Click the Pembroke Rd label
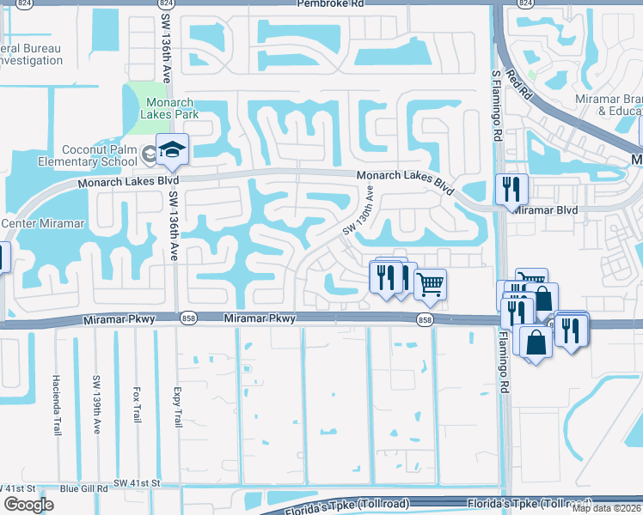pos(331,4)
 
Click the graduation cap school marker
pos(172,149)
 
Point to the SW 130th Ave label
pos(360,211)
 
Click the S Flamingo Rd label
pos(496,106)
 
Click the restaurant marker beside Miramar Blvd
pos(512,190)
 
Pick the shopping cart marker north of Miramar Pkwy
pos(430,283)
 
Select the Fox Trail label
pos(137,403)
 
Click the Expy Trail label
pos(179,405)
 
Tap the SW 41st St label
pos(138,483)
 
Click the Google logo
pos(28,505)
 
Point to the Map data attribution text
pos(607,508)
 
